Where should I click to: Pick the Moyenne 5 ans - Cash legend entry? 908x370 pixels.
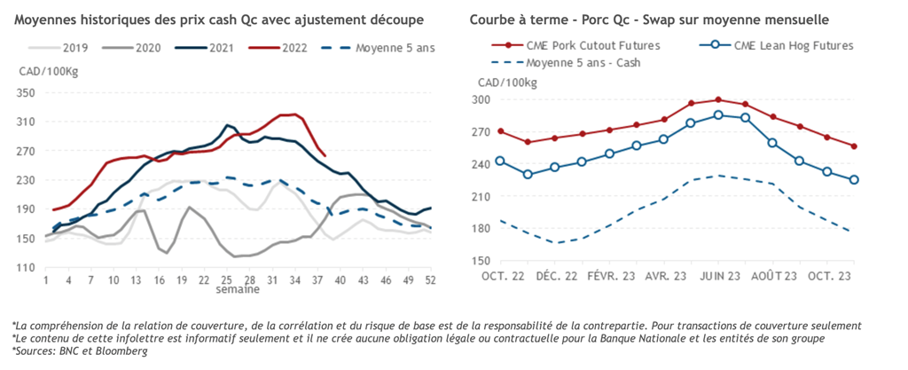click(x=583, y=63)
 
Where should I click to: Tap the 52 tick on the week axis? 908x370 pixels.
click(x=430, y=280)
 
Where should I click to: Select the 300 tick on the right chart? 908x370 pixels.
click(x=480, y=99)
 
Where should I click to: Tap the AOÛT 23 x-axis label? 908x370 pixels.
click(x=773, y=277)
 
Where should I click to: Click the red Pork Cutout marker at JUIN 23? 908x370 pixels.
click(x=718, y=99)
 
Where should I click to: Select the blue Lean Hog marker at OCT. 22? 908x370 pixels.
click(x=500, y=161)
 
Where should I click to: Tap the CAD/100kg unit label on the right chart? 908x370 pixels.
click(x=506, y=83)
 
